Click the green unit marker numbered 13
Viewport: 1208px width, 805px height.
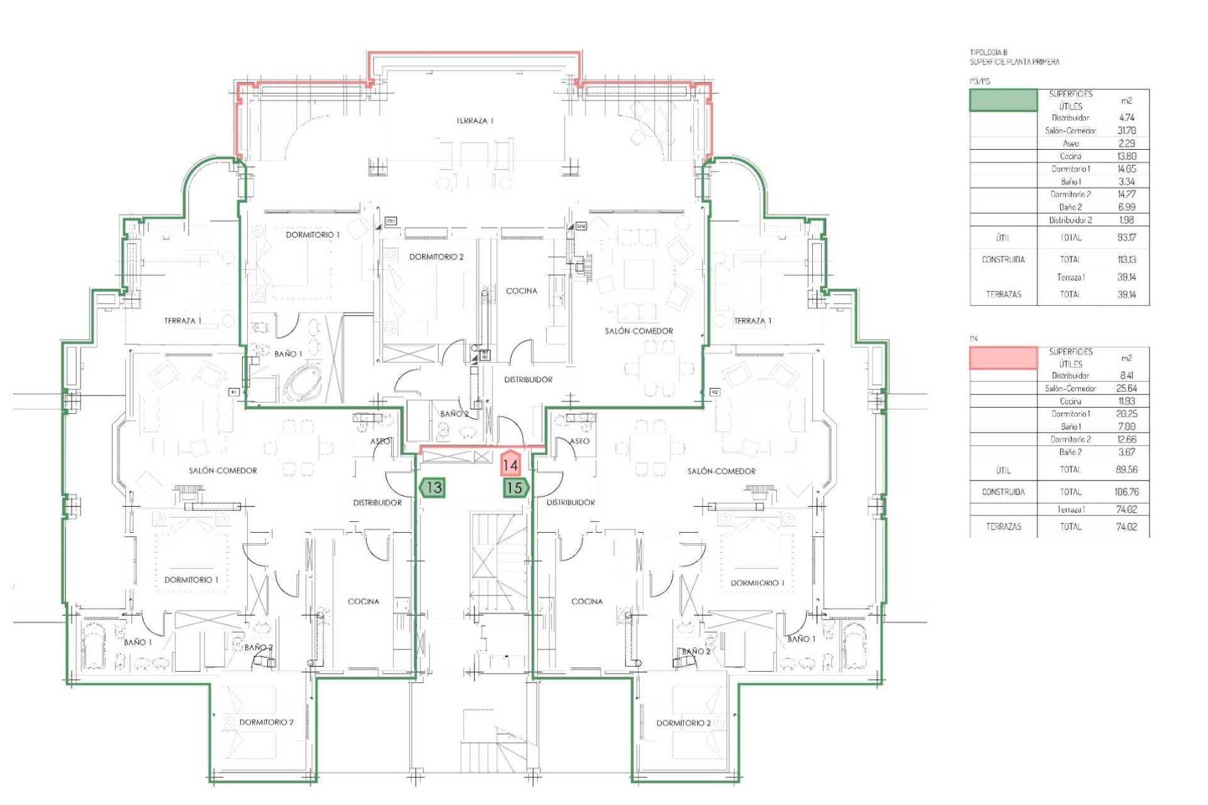click(433, 487)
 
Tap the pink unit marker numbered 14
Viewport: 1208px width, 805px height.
click(510, 465)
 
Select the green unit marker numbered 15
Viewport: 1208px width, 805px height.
click(515, 487)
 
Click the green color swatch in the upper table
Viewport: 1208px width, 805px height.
click(1003, 100)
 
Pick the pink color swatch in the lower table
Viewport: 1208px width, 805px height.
click(1003, 357)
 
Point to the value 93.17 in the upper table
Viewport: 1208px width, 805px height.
click(1126, 238)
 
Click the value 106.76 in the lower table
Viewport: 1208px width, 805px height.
click(1126, 492)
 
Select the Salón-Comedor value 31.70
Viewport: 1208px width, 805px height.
click(1126, 131)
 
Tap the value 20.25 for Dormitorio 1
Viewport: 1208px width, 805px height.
click(1126, 414)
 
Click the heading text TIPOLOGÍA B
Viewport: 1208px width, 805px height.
click(988, 53)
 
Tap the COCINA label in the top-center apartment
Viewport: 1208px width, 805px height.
click(522, 291)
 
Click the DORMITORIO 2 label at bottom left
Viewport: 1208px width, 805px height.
click(266, 722)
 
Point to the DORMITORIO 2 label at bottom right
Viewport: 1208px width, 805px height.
click(683, 723)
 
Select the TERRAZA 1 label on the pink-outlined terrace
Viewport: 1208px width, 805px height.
click(475, 121)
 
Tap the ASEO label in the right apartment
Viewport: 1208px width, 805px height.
click(579, 441)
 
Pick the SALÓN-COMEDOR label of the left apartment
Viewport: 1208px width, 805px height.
click(223, 470)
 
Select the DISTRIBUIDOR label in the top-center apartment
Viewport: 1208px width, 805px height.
click(528, 380)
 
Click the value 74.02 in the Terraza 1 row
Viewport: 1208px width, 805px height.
click(1126, 509)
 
